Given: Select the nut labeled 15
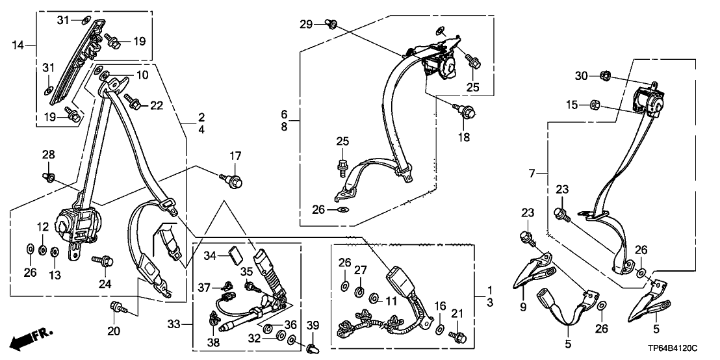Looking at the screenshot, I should point(593,104).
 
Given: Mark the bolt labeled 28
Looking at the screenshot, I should point(49,175).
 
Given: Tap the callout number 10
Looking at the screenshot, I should point(142,76).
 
